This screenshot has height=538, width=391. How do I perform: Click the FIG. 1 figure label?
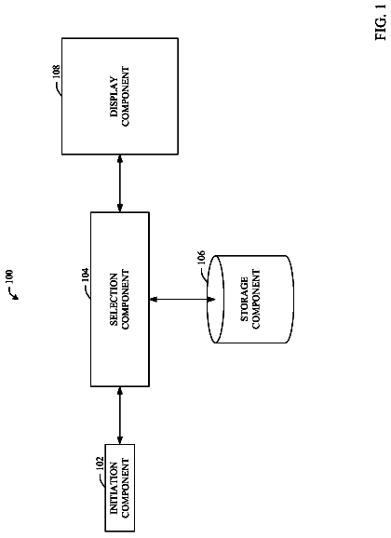[381, 22]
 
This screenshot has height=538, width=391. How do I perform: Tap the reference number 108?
[56, 72]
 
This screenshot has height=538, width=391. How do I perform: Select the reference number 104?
[85, 275]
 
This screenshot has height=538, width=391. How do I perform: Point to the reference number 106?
[201, 257]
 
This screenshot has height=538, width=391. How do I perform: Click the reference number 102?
[100, 464]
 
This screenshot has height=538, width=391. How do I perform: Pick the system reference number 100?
[9, 276]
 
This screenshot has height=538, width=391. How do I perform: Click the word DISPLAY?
[115, 97]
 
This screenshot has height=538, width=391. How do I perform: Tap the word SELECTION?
[114, 299]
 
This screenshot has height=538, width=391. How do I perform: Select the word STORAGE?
[245, 299]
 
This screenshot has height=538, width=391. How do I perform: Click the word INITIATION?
[114, 488]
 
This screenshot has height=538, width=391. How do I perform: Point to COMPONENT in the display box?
[126, 97]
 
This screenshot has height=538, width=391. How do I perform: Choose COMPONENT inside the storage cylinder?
[256, 299]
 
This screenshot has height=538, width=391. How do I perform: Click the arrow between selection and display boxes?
[120, 183]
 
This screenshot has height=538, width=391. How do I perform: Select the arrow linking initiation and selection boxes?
[120, 415]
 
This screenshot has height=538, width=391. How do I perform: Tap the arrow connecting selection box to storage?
[182, 300]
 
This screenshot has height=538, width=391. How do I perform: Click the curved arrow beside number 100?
[14, 294]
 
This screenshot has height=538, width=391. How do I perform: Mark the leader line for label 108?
[60, 88]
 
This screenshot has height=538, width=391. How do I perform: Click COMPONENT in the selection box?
[126, 299]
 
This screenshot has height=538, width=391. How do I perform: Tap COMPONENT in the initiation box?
[126, 488]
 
